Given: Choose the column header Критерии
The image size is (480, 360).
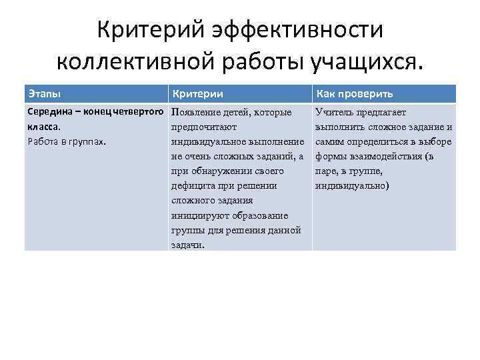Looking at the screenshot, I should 197,93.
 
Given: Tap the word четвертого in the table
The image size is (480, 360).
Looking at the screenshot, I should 141,112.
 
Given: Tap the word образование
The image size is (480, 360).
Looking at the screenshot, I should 260,215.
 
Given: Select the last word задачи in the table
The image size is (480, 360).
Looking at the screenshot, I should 187,245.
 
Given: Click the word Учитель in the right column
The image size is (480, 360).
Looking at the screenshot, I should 335,112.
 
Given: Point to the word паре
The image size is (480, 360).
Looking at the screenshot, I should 328,171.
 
